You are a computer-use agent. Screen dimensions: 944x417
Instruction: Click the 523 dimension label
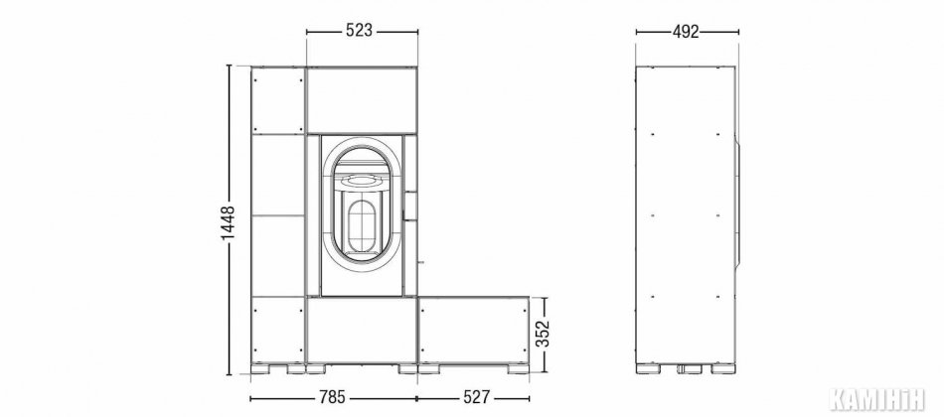pyautogui.click(x=360, y=31)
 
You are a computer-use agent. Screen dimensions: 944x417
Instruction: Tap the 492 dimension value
pyautogui.click(x=686, y=32)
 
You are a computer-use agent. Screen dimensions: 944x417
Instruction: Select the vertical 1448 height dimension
pyautogui.click(x=229, y=223)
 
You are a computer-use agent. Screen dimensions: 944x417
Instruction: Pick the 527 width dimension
pyautogui.click(x=478, y=398)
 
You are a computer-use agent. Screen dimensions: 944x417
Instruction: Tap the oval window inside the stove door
pyautogui.click(x=362, y=225)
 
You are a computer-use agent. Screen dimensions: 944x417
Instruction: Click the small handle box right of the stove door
pyautogui.click(x=410, y=205)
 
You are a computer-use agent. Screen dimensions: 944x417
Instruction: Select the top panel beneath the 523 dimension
pyautogui.click(x=362, y=100)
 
